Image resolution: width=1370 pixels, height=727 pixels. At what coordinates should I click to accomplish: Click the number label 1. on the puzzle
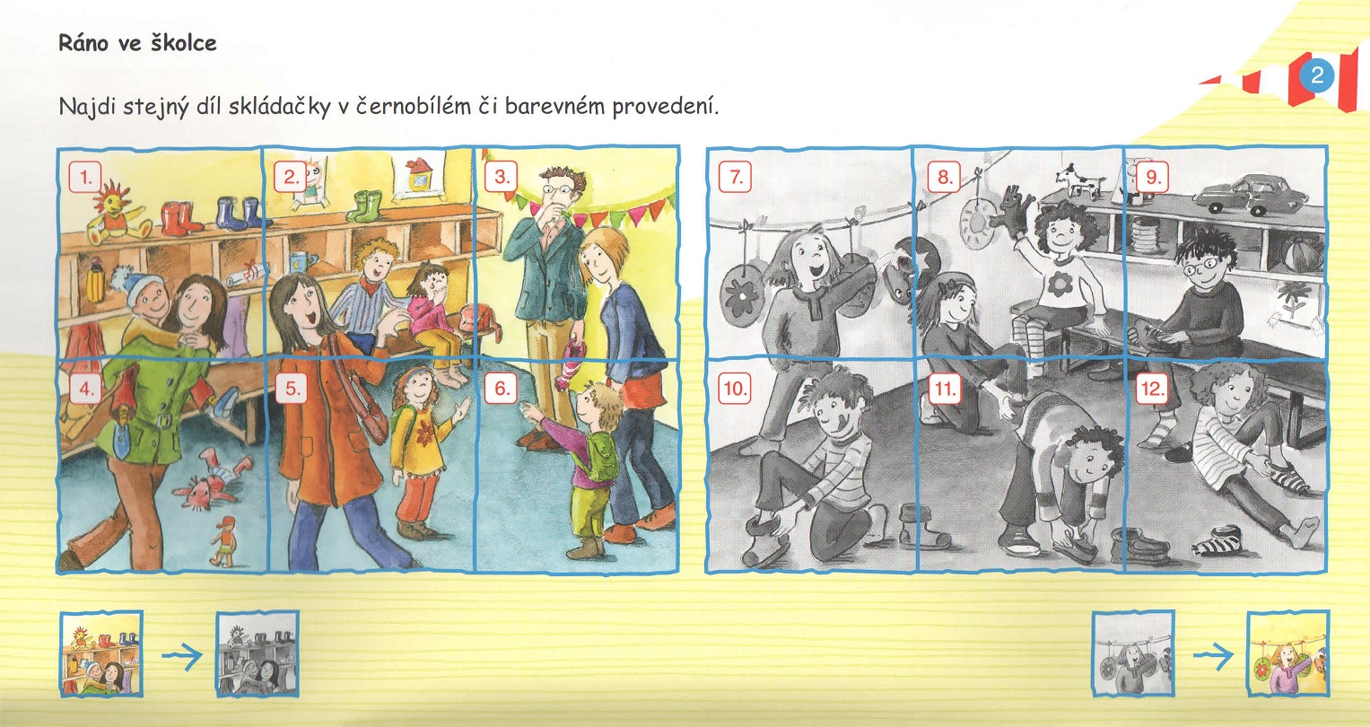pos(85,178)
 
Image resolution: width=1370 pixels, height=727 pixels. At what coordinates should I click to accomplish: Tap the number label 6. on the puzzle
pos(502,389)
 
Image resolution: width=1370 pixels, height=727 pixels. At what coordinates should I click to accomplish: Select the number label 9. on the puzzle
pos(1153,178)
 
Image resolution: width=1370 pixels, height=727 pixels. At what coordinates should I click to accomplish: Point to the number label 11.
pos(945,389)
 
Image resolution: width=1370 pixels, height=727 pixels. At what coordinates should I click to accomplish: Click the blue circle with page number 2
pos(1316,75)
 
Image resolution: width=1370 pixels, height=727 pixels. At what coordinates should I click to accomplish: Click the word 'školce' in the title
pos(182,43)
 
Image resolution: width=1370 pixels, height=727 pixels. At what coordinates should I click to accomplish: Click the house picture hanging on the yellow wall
pos(417,176)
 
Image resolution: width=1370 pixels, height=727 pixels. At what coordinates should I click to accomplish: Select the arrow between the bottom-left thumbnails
pos(181,656)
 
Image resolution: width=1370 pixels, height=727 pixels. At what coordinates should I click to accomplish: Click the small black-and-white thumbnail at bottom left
pos(257,653)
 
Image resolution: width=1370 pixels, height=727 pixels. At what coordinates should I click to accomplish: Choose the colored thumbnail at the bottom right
pos(1288,653)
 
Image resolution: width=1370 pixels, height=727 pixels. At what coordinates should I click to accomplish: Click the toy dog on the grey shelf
pos(1079,180)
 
